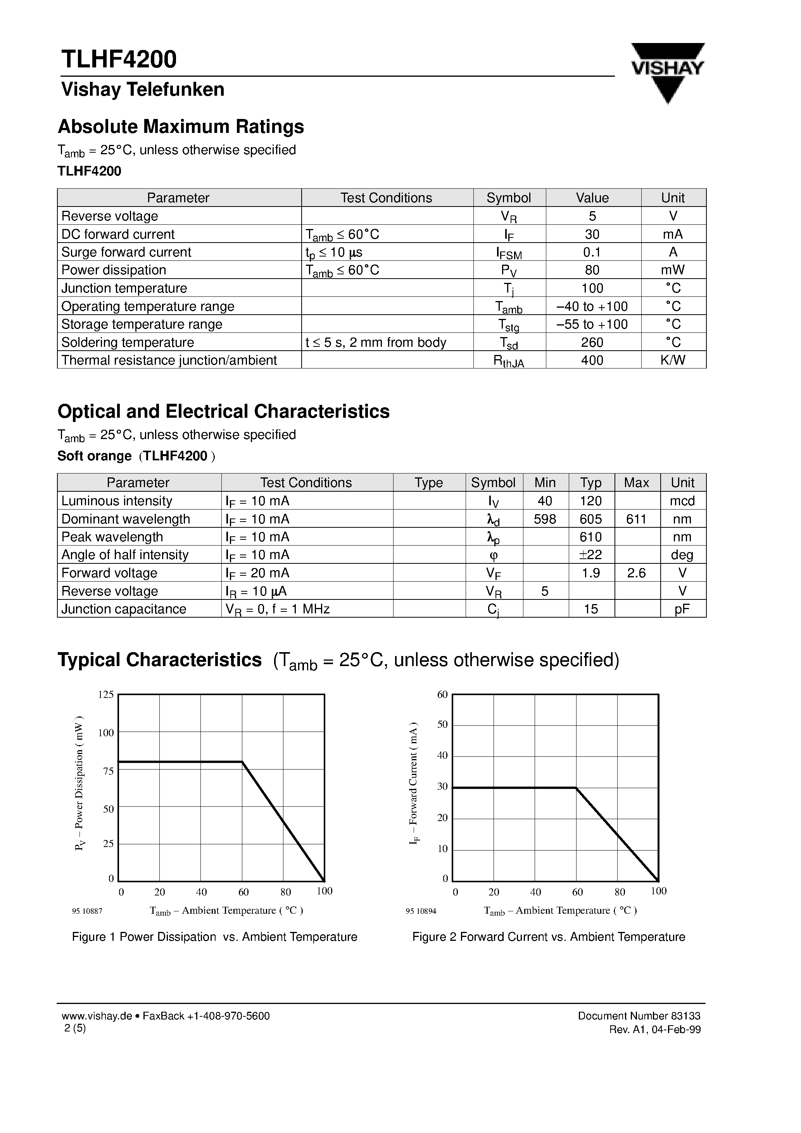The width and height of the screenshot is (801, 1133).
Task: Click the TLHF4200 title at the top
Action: point(119,59)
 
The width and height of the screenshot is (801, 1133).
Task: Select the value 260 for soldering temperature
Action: point(592,342)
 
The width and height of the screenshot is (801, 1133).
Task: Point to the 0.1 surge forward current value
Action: point(592,252)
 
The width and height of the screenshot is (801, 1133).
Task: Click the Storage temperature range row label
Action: point(142,324)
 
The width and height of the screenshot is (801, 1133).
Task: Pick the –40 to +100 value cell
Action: point(592,306)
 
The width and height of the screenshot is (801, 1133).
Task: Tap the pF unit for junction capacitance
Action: point(682,609)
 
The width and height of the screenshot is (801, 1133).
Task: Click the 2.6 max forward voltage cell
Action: point(636,573)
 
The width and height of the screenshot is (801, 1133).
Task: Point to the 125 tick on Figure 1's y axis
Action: point(106,694)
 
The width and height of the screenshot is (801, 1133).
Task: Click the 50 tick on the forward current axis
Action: point(442,725)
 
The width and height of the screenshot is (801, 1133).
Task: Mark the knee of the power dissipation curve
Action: point(242,762)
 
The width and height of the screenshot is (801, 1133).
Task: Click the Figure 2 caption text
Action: point(548,937)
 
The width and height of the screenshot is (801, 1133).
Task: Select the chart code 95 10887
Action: point(87,911)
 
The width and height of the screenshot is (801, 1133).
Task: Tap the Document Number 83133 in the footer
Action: point(639,1016)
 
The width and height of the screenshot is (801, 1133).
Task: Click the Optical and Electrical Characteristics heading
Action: point(223,411)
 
